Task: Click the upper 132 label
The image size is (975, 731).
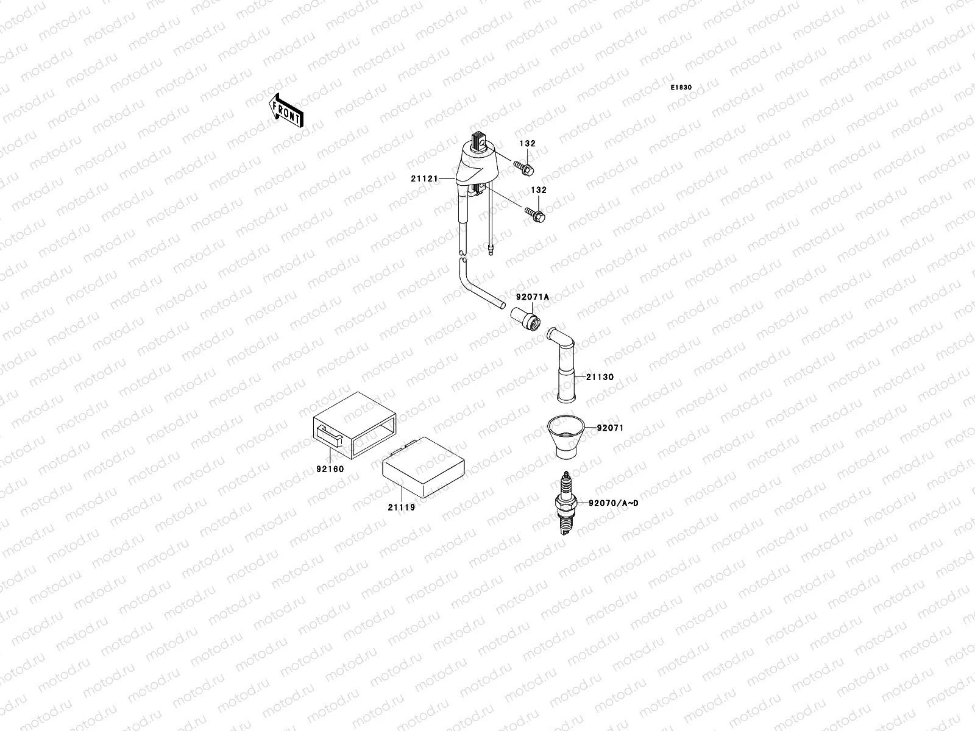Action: (528, 144)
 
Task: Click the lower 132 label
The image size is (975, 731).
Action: (538, 190)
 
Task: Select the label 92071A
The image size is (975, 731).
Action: (533, 297)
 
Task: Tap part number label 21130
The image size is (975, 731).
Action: (600, 377)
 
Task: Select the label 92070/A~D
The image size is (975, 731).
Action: (613, 503)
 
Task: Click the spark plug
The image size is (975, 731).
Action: (566, 504)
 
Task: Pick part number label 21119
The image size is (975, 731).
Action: (400, 507)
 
